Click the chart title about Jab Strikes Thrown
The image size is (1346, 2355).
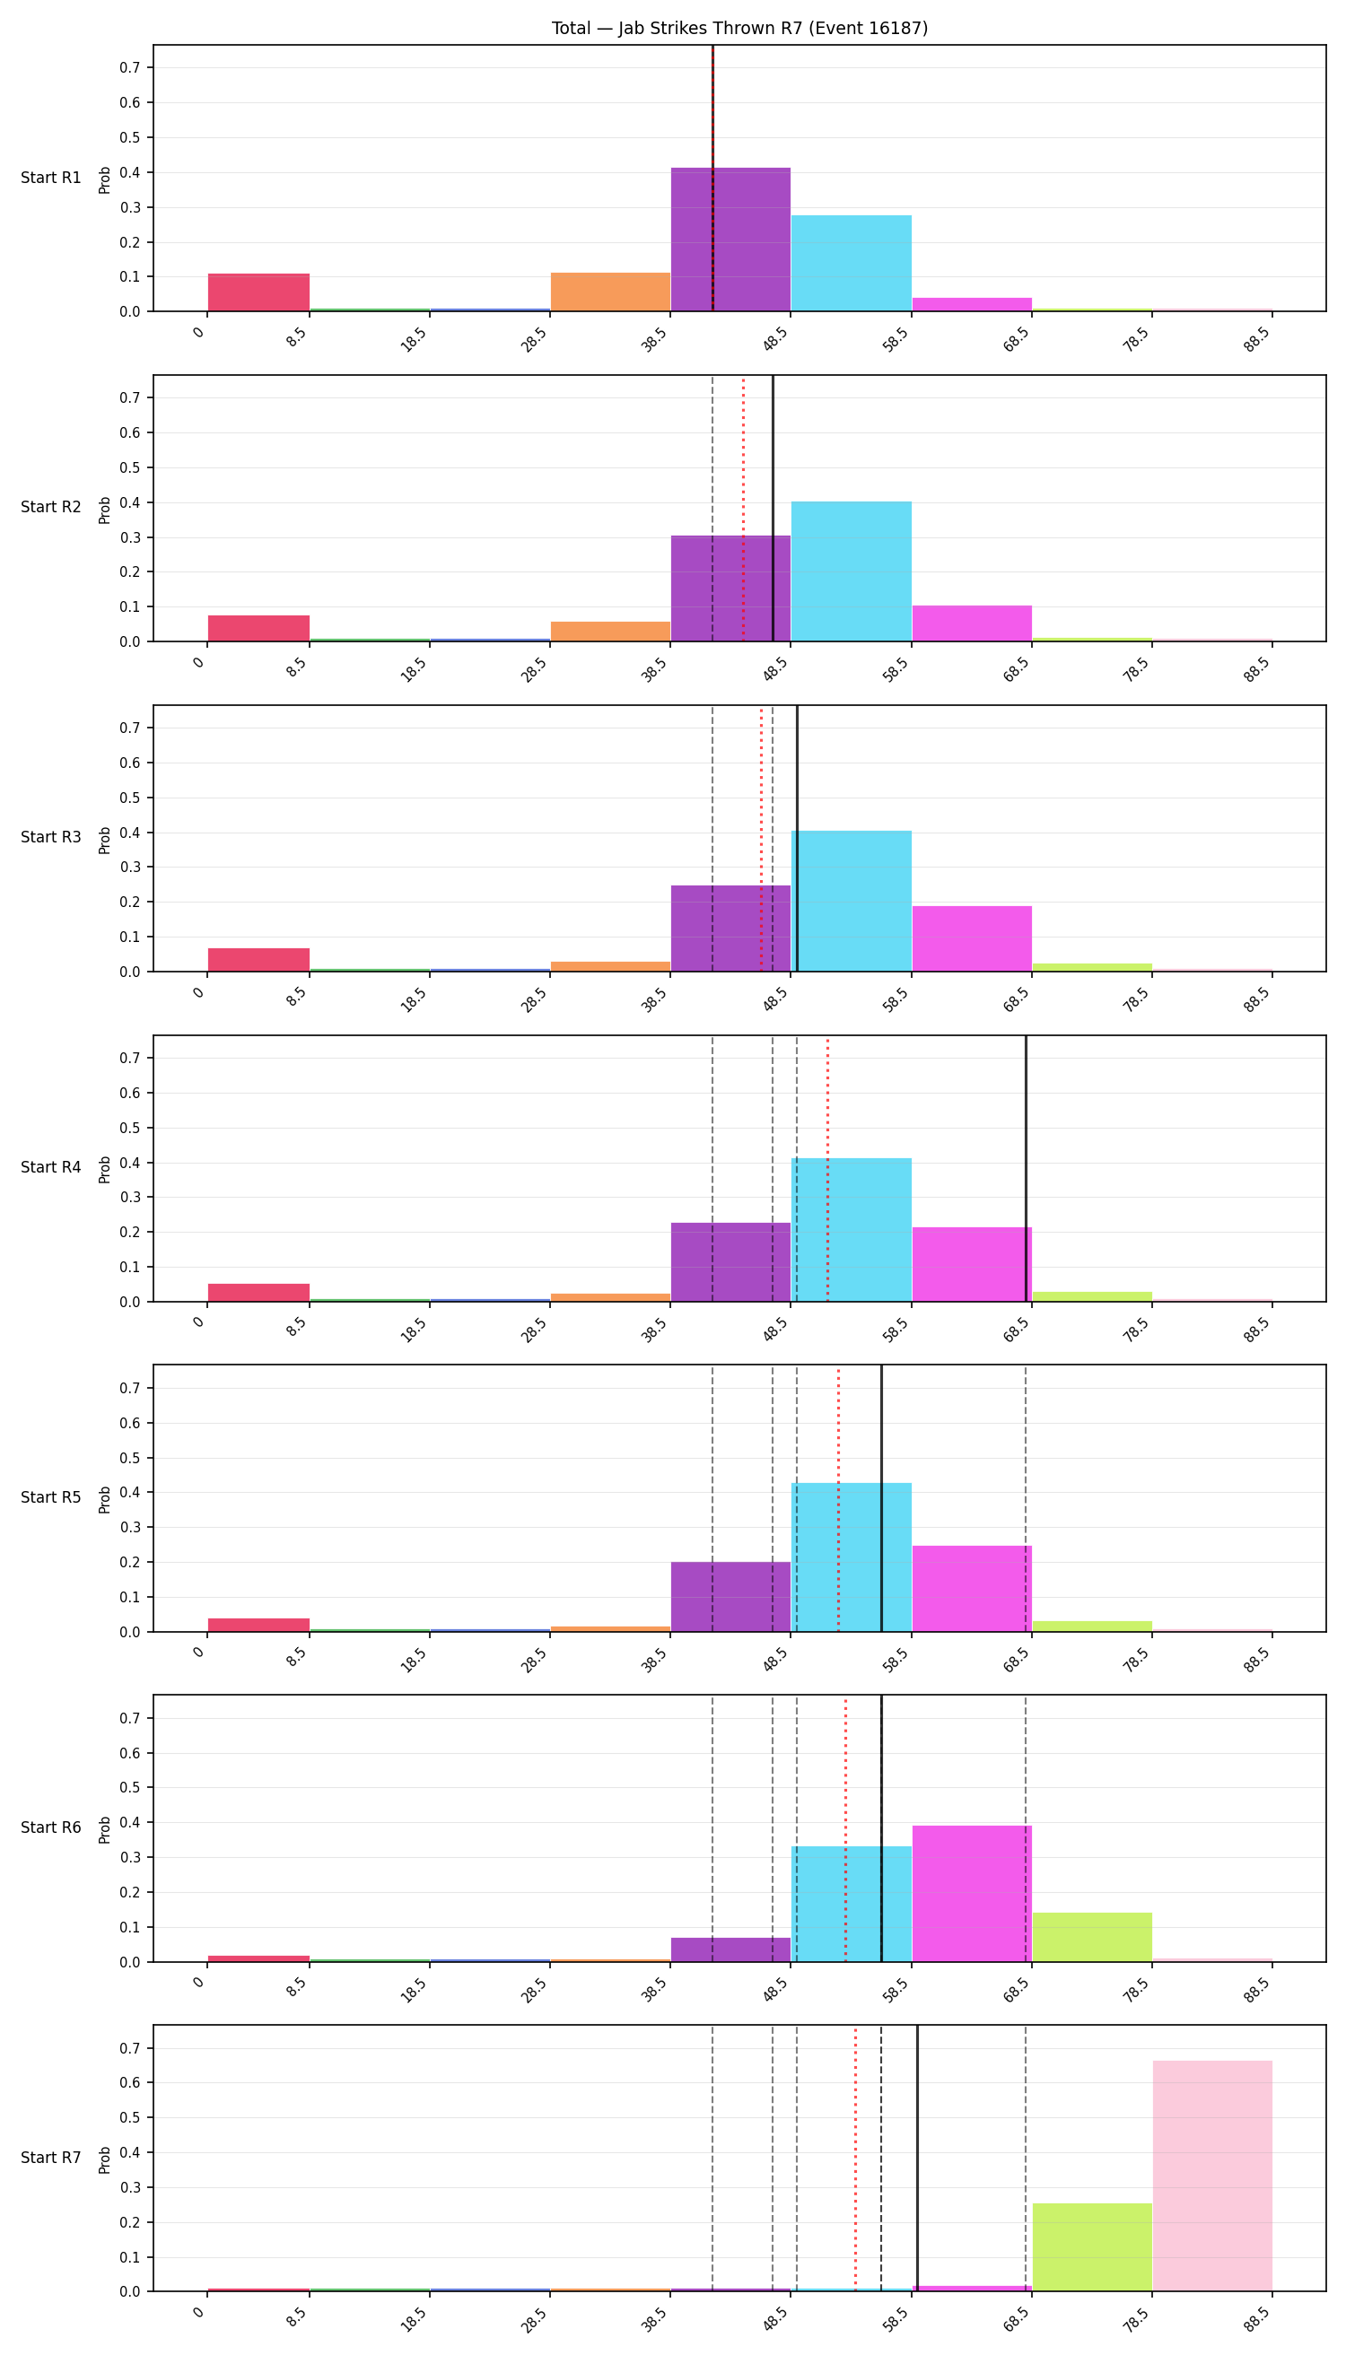pos(739,29)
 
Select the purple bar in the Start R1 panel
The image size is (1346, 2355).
pos(730,240)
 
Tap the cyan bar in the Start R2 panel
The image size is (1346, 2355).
pos(852,571)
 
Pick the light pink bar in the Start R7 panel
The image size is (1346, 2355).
pos(1212,2176)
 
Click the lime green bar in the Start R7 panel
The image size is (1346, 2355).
pos(1092,2246)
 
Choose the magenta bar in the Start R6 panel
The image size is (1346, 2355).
pos(972,1893)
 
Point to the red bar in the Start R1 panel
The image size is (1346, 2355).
pos(258,292)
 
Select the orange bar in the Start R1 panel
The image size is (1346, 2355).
pos(610,292)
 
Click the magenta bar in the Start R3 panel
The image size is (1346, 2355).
pos(972,938)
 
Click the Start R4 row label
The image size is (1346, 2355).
pos(51,1167)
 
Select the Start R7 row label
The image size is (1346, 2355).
pos(51,2158)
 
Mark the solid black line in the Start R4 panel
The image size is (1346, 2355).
pos(1026,1168)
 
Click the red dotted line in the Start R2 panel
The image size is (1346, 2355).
pos(742,509)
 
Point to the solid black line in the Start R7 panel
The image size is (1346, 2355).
pos(917,2159)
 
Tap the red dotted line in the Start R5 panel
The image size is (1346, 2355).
pos(838,1498)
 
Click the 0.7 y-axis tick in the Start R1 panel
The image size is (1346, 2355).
pos(129,67)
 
